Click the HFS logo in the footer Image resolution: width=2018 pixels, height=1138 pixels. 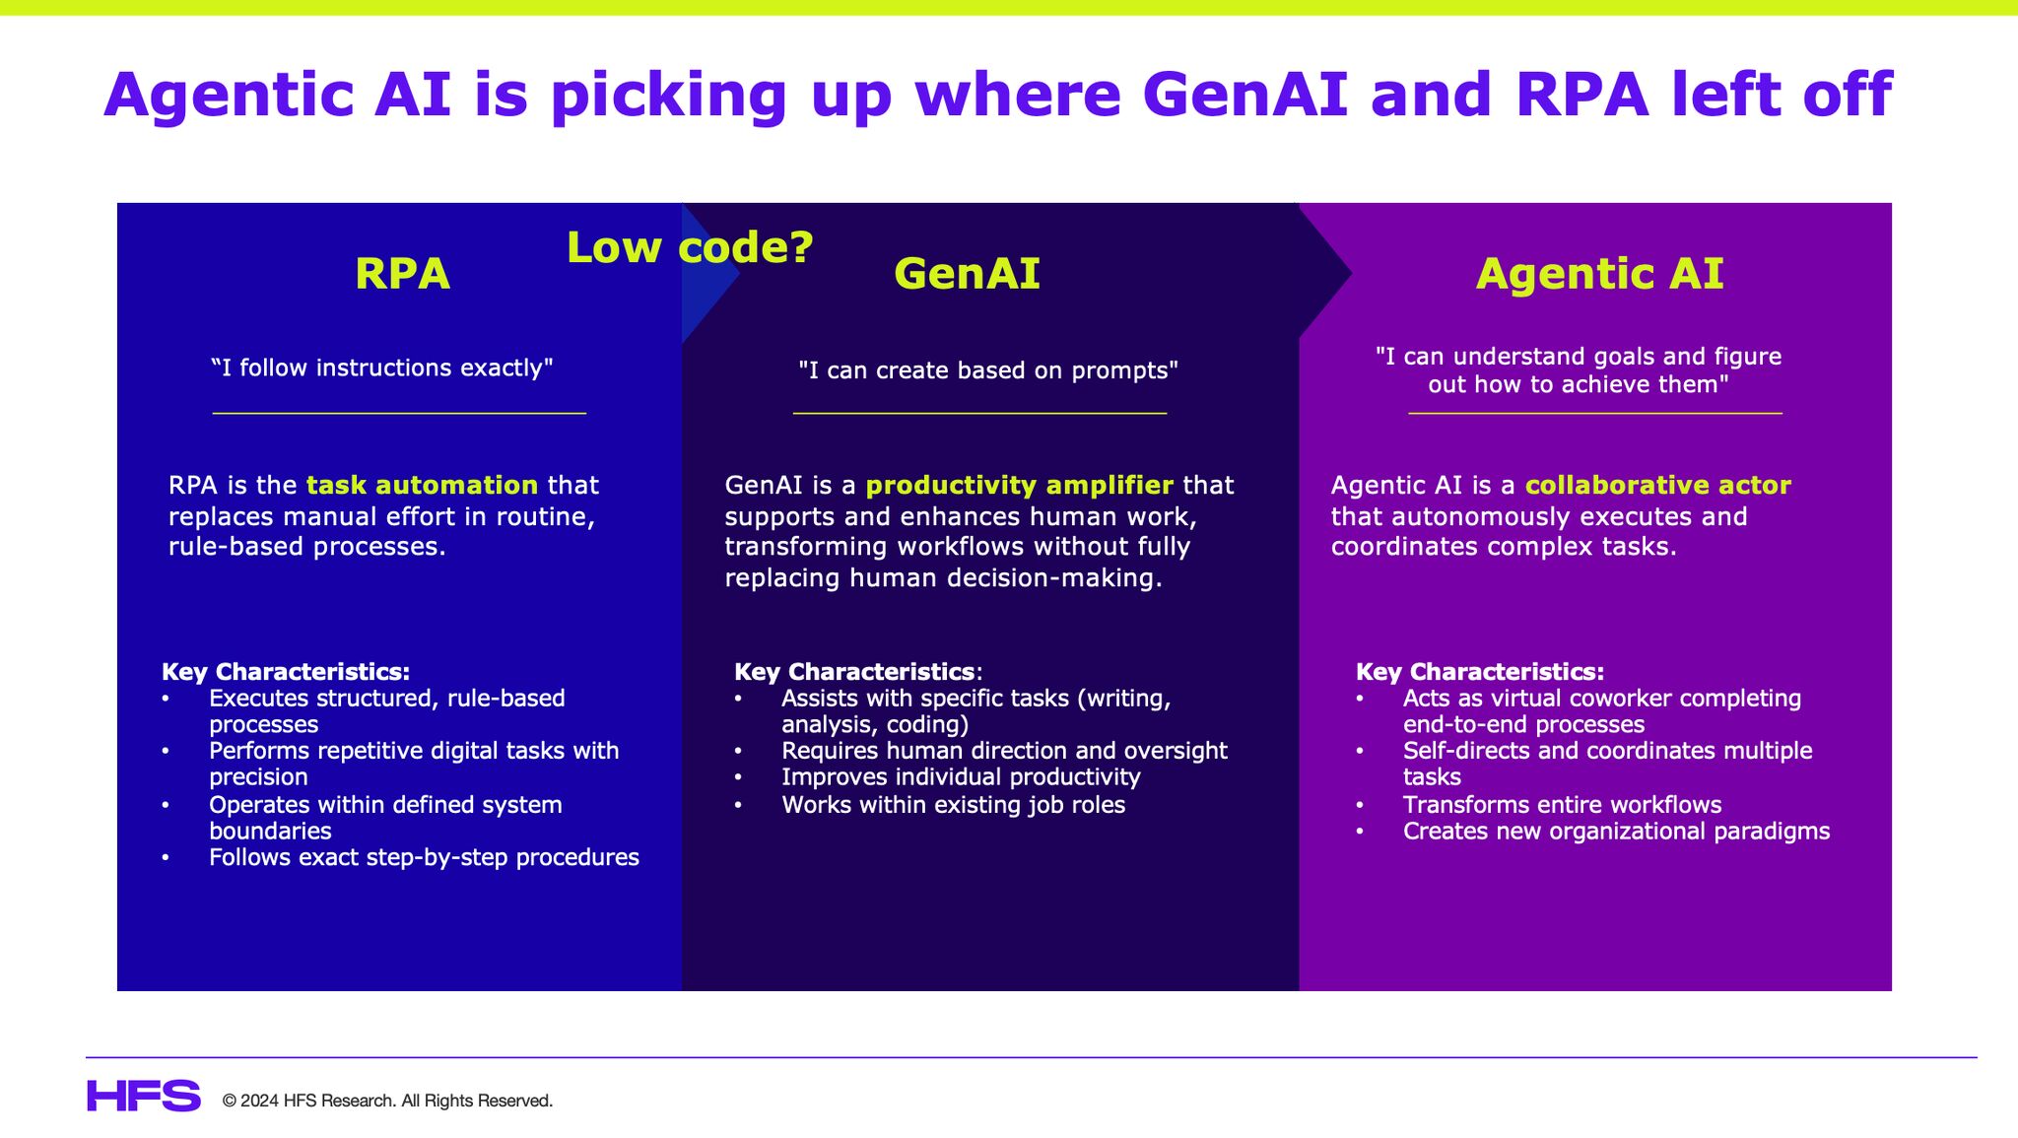click(144, 1096)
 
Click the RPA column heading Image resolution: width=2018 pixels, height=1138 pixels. click(402, 274)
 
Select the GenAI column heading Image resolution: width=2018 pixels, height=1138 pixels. click(967, 274)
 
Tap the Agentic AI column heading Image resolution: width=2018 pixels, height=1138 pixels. click(1599, 274)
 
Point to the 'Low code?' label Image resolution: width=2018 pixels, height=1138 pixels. click(690, 247)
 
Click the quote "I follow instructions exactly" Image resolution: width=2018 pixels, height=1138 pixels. click(382, 368)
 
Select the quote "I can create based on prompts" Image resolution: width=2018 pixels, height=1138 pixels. click(987, 370)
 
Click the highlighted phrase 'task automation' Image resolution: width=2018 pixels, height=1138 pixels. click(422, 485)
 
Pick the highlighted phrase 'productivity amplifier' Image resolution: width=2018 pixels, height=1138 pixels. click(1019, 485)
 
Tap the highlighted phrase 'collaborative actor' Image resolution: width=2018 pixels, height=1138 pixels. click(1657, 485)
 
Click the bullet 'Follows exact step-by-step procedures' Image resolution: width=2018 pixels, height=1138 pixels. click(424, 857)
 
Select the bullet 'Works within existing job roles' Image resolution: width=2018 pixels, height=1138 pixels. click(953, 805)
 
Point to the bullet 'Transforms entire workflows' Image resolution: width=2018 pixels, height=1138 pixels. click(1562, 805)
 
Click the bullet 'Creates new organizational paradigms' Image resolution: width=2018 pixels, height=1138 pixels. click(1616, 832)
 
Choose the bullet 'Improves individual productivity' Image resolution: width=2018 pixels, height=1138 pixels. click(961, 777)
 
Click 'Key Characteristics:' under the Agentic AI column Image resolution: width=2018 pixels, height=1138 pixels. click(1479, 672)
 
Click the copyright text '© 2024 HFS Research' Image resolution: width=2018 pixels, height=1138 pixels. click(387, 1101)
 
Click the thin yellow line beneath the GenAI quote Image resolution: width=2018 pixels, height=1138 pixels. click(979, 413)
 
